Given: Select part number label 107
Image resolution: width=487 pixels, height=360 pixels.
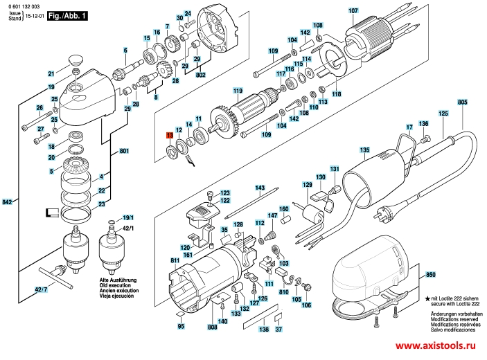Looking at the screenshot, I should pyautogui.click(x=353, y=10).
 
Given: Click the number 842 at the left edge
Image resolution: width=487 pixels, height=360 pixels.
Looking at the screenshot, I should pyautogui.click(x=8, y=201).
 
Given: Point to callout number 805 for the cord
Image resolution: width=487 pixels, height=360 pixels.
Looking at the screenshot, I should pyautogui.click(x=463, y=102).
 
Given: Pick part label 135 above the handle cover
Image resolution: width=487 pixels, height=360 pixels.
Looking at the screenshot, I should pyautogui.click(x=364, y=150).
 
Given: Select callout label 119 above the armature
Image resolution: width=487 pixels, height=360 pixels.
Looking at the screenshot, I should pyautogui.click(x=238, y=91).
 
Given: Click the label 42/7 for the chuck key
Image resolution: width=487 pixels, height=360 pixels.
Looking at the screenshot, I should pyautogui.click(x=42, y=289).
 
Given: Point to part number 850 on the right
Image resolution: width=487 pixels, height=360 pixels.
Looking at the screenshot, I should pyautogui.click(x=430, y=276).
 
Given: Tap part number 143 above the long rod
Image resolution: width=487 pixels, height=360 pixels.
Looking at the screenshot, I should pyautogui.click(x=260, y=188).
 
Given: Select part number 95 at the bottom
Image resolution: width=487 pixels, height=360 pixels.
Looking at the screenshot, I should pyautogui.click(x=181, y=326).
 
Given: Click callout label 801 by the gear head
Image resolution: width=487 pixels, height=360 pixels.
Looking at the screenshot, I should pyautogui.click(x=124, y=151).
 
